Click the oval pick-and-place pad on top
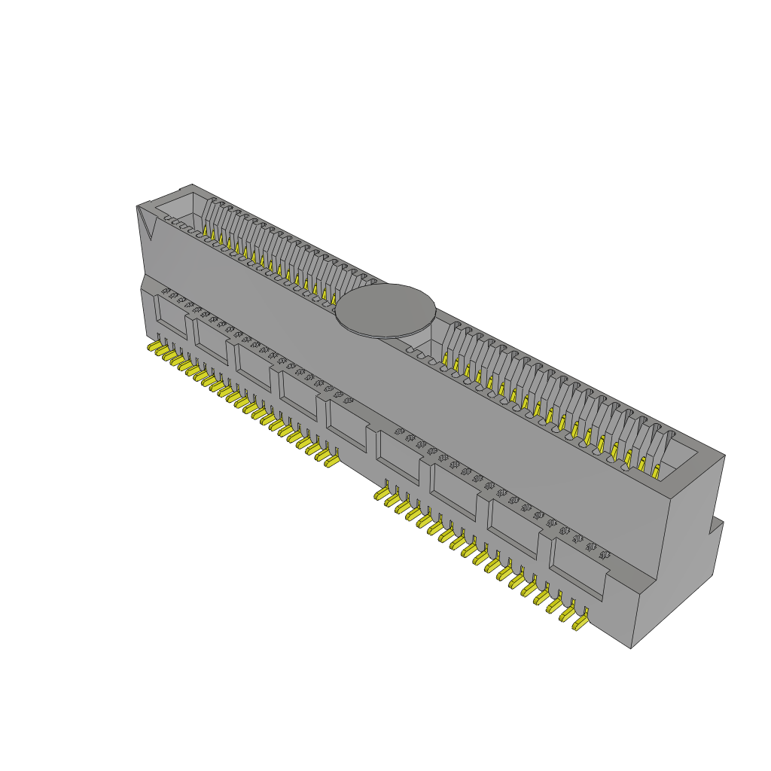pos(385,310)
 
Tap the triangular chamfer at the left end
pos(145,223)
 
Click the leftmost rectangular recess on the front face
pos(172,315)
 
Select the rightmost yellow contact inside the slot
pos(656,471)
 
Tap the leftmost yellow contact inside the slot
pos(213,236)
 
